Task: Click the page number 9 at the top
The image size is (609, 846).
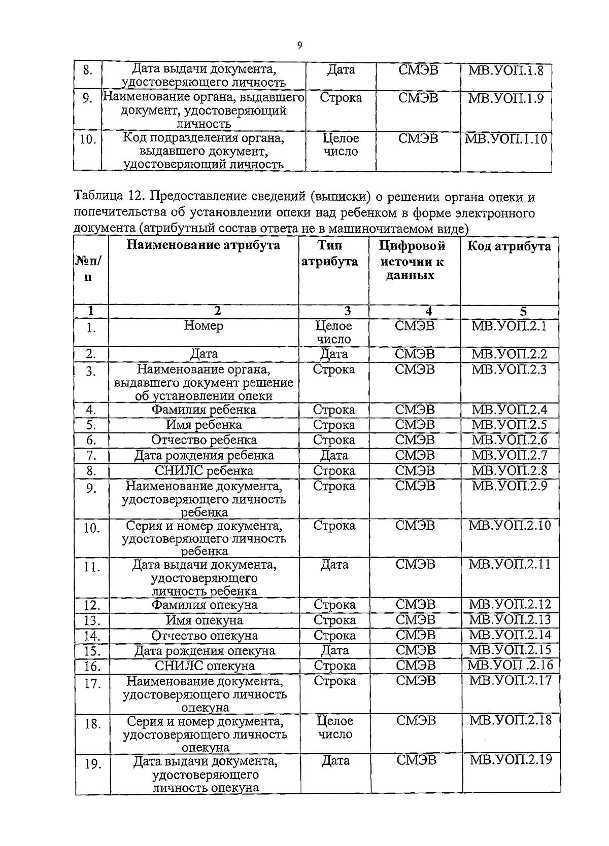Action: [x=299, y=46]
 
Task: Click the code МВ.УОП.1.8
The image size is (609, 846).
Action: [x=505, y=70]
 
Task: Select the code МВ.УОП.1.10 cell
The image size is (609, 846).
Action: [x=506, y=139]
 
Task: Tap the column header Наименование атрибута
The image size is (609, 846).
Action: [x=203, y=246]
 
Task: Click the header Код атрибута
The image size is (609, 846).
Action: [x=509, y=246]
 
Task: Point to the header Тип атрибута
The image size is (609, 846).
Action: [x=330, y=254]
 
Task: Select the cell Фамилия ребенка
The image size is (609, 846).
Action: [x=204, y=410]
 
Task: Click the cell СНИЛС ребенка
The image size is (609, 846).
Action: [x=204, y=470]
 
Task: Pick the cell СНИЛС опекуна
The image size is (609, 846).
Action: [x=205, y=666]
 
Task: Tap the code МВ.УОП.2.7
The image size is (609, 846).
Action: [x=509, y=455]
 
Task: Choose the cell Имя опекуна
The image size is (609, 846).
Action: [x=204, y=620]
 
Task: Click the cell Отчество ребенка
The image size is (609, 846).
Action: [x=204, y=440]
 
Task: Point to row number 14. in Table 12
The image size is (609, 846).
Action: [x=92, y=636]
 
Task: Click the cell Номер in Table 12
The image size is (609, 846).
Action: [x=204, y=326]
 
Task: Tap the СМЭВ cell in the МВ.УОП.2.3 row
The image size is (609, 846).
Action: [x=415, y=370]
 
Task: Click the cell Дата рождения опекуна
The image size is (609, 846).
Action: [x=205, y=650]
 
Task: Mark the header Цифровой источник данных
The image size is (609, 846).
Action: [x=412, y=261]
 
